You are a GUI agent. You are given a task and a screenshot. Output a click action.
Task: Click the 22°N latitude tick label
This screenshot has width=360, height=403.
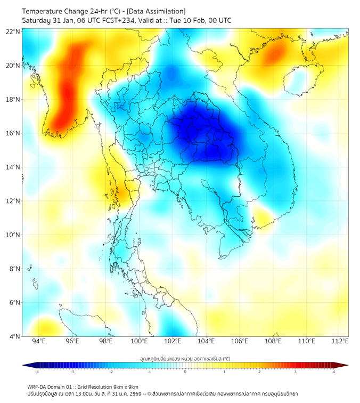[x=13, y=31]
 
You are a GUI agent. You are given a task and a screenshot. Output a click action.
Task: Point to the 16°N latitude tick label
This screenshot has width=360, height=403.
[x=13, y=133]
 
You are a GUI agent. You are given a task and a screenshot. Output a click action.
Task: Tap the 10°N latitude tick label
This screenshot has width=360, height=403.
[x=13, y=235]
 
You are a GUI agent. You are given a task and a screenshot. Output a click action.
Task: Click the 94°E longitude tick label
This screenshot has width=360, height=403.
[x=39, y=341]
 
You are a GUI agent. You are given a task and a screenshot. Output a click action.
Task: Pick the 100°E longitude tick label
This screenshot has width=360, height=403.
[x=139, y=341]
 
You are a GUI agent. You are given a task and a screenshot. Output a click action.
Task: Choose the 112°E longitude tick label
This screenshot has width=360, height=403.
[x=340, y=341]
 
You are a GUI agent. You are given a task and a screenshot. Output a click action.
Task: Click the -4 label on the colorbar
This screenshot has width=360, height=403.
[x=37, y=372]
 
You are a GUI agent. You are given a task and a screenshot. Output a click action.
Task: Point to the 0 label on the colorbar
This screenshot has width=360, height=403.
[x=185, y=372]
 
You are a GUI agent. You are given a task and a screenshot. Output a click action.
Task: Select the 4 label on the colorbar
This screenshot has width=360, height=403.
[x=333, y=372]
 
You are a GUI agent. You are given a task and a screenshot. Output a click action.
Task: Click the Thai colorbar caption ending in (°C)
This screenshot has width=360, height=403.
[x=185, y=358]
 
